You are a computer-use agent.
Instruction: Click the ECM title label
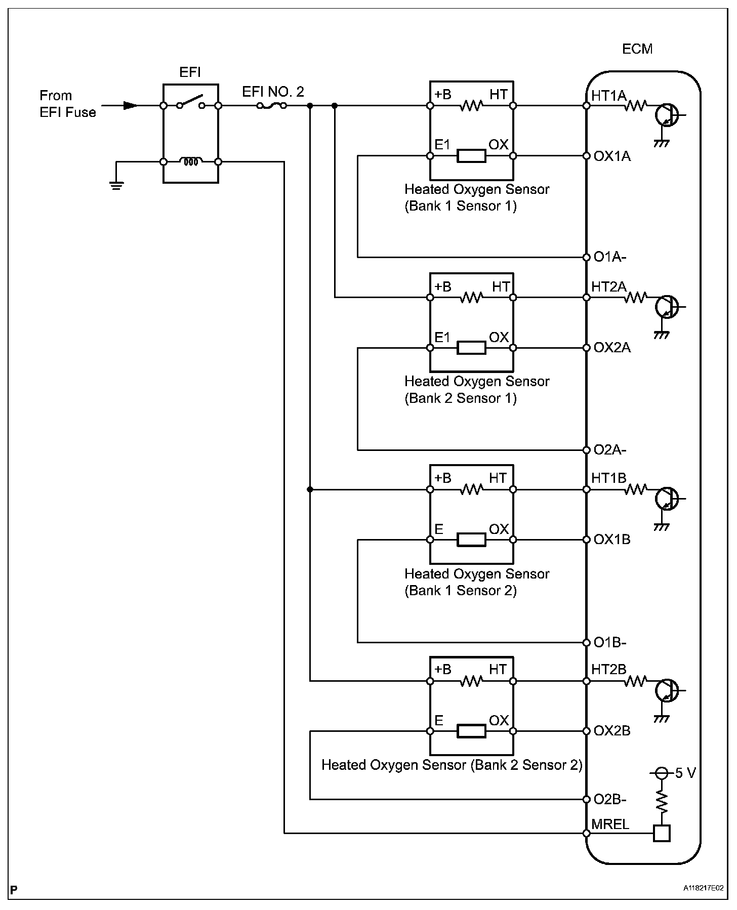pos(637,49)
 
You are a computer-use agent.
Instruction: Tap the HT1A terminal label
pos(609,95)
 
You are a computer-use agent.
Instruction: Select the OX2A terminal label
pos(612,348)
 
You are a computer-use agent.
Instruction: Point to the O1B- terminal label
pos(610,642)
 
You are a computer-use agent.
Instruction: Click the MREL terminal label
pos(610,824)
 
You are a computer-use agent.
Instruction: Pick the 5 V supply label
pos(685,773)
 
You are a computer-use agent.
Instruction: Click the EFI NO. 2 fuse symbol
pos(272,105)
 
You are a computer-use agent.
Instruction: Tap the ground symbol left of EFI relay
pos(116,185)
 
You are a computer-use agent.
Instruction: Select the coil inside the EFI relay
pos(191,162)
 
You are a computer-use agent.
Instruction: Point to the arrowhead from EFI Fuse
pos(131,106)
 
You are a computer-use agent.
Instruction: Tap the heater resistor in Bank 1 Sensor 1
pos(471,106)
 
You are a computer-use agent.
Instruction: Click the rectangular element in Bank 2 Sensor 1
pos(471,348)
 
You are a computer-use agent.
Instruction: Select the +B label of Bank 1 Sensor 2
pos(442,478)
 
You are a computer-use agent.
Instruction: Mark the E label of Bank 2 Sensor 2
pos(439,720)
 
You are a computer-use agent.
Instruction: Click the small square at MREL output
pos(662,833)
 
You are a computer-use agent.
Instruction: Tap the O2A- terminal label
pos(610,450)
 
